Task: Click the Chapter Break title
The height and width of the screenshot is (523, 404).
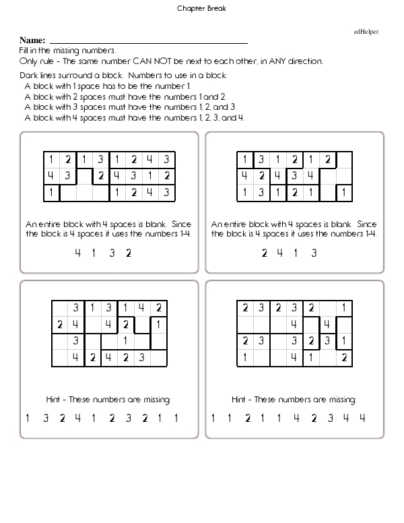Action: tap(202, 9)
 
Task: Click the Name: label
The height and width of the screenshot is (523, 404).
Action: tap(33, 41)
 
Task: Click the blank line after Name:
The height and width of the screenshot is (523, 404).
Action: tap(148, 42)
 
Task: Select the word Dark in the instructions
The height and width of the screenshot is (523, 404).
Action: tap(29, 75)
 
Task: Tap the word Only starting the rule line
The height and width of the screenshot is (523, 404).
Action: tap(28, 61)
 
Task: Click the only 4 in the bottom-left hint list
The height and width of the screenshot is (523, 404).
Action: tap(77, 418)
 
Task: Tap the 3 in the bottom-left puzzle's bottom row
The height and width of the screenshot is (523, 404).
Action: tap(142, 357)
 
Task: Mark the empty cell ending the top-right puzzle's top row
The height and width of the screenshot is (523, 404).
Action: tap(344, 160)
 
